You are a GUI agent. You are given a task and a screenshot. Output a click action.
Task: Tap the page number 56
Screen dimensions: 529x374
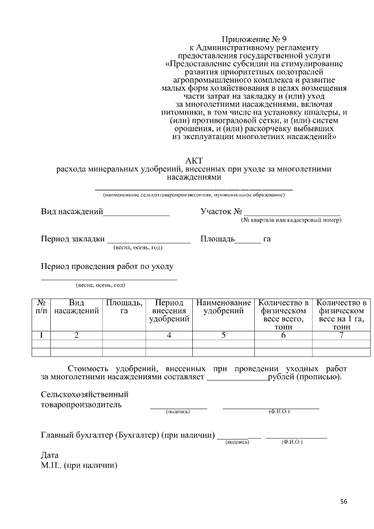tap(344, 502)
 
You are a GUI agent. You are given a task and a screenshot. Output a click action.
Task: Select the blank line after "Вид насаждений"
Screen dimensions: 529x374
tap(136, 215)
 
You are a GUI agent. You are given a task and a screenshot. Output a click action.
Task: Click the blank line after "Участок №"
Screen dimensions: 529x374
tap(292, 215)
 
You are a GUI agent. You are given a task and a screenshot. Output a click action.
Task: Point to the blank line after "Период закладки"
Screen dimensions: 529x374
tap(148, 241)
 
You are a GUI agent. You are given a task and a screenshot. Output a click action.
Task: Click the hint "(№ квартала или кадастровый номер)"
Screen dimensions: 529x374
tap(291, 220)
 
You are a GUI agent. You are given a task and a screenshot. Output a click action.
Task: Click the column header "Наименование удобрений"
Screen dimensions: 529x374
tap(223, 307)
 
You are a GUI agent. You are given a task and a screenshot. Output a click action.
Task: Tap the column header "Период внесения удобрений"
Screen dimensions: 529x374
tap(169, 311)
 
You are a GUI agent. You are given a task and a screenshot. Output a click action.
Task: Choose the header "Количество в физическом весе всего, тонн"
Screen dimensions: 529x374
tap(283, 314)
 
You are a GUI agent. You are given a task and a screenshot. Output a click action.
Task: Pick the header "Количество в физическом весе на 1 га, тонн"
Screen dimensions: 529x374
tap(341, 314)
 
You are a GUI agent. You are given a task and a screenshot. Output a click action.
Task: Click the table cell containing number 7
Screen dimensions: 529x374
tap(341, 336)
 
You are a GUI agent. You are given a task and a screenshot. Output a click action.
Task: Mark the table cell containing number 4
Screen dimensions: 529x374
tap(169, 336)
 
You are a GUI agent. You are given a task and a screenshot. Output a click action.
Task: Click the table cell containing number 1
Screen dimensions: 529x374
tap(41, 336)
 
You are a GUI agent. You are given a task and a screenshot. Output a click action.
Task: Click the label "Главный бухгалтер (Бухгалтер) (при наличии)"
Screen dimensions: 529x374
tap(127, 435)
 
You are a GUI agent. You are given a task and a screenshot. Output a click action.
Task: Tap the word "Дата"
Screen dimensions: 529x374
tap(50, 455)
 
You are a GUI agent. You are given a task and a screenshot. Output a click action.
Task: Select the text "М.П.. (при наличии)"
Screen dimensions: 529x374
tap(79, 465)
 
